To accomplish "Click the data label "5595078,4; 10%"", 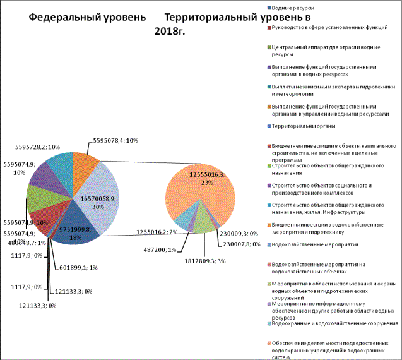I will (x=120, y=140).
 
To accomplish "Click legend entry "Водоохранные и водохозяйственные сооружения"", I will (x=333, y=323).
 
